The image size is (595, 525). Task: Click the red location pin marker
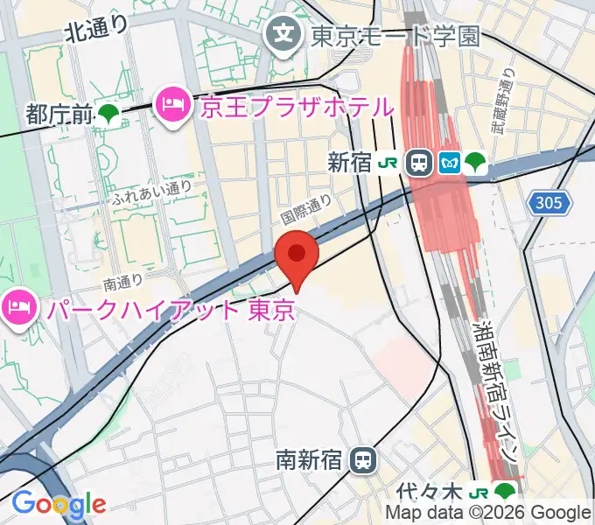tap(297, 255)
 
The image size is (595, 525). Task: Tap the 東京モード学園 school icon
tap(283, 35)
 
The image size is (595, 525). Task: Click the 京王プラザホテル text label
tap(297, 108)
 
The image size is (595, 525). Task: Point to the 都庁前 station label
tap(59, 113)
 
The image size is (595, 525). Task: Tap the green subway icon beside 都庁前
tap(109, 113)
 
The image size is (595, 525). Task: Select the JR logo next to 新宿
tap(388, 163)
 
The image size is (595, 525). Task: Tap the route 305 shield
tap(549, 204)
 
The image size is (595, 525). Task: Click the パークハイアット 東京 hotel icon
tap(17, 307)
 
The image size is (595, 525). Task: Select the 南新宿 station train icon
tap(360, 459)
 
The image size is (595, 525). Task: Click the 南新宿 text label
tap(310, 459)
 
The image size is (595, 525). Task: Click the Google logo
tap(59, 504)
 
